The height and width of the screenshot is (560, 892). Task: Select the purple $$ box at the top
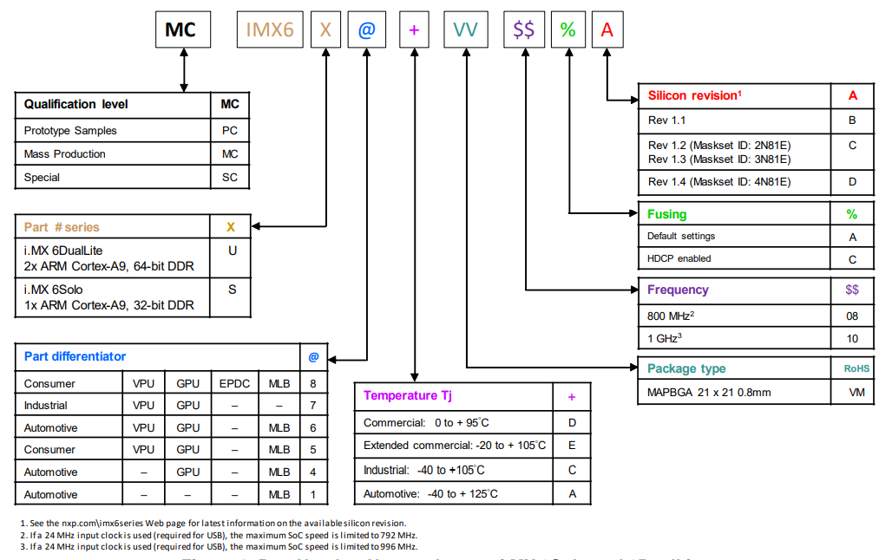(523, 30)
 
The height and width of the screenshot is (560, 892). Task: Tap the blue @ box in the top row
(366, 30)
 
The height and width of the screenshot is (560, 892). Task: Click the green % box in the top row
(567, 30)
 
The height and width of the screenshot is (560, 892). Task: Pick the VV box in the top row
(465, 30)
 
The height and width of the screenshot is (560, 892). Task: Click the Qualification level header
(76, 104)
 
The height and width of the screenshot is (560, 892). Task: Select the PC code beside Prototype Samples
(229, 131)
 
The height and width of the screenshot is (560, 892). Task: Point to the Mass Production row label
(65, 154)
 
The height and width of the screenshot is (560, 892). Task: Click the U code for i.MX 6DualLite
(232, 251)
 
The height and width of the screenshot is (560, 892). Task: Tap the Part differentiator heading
(75, 356)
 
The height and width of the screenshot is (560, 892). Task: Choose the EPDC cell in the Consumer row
(234, 384)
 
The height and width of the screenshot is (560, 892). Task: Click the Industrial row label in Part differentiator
(46, 406)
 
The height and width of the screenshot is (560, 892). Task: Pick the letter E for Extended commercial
(572, 446)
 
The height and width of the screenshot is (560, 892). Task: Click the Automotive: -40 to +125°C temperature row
(430, 493)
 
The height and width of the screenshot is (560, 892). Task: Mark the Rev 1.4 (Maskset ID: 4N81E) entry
(719, 182)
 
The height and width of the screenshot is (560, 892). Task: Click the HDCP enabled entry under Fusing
(679, 258)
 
